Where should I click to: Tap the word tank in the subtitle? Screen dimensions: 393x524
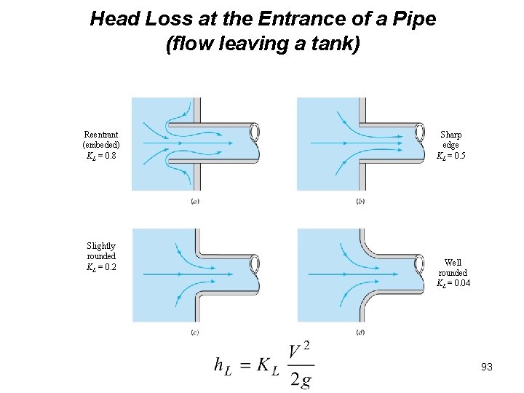coord(329,44)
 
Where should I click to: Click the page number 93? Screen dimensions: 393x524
coord(487,367)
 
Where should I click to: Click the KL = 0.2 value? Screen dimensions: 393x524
coord(101,267)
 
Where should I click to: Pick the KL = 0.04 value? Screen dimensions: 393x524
coord(453,283)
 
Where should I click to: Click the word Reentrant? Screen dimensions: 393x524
coord(101,135)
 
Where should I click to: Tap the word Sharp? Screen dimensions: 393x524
coord(451,135)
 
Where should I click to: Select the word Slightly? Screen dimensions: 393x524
coord(101,246)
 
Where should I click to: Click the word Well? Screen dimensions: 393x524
coord(453,263)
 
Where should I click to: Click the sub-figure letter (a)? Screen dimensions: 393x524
coord(195,201)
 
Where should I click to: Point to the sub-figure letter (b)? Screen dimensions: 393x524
coord(360,201)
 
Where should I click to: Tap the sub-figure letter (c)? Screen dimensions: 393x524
coord(195,333)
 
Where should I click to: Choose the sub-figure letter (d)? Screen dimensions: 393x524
coord(360,333)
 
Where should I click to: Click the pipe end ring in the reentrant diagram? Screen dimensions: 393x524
coord(255,132)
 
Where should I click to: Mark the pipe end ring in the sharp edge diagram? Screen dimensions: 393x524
coord(420,131)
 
